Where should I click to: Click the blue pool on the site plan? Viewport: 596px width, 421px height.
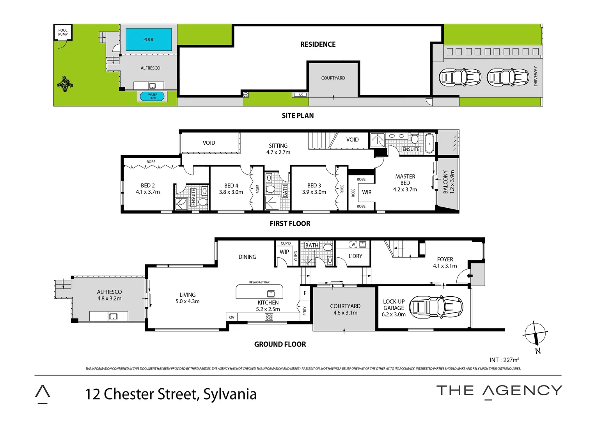[x=149, y=39]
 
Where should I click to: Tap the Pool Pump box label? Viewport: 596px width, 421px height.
[x=63, y=32]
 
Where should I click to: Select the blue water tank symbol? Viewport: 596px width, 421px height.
[x=153, y=96]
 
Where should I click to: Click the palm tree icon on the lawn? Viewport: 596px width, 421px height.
[x=65, y=84]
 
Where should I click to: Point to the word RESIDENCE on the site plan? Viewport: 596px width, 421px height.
[x=318, y=44]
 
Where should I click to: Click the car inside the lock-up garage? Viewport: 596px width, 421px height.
[x=437, y=307]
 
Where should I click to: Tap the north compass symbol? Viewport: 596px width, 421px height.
[x=535, y=334]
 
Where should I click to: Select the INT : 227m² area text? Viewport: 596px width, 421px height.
[x=504, y=360]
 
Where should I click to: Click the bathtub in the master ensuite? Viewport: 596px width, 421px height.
[x=429, y=143]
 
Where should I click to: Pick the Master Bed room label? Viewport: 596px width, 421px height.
[x=405, y=180]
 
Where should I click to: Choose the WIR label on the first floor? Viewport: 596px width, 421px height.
[x=367, y=192]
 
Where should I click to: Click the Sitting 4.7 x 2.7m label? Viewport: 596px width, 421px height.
[x=278, y=149]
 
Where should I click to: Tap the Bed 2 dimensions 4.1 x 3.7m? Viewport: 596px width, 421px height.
[x=148, y=192]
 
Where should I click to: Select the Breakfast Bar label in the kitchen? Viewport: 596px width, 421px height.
[x=259, y=282]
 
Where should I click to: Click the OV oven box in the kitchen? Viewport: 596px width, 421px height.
[x=232, y=317]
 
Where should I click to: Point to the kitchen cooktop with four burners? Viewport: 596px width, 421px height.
[x=269, y=317]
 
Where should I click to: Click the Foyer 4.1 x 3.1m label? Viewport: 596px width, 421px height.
[x=445, y=262]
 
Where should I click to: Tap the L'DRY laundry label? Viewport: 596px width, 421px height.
[x=355, y=256]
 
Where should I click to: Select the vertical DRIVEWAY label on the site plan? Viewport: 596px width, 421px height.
[x=536, y=76]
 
